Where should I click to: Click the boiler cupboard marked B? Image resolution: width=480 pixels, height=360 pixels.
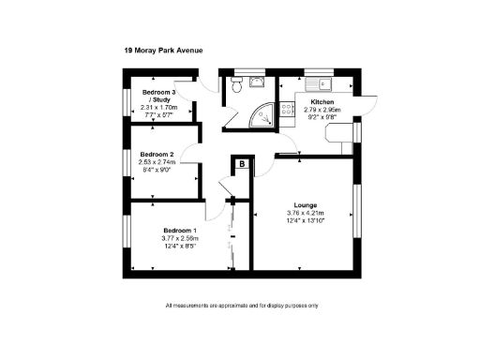(x=242, y=164)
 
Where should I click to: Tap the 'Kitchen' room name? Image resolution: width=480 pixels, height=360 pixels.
(x=322, y=101)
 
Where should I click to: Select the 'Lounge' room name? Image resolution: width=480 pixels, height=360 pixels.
(x=306, y=204)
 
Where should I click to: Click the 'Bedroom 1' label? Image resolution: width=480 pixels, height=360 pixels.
(x=180, y=231)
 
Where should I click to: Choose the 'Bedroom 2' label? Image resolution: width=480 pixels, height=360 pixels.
(x=157, y=154)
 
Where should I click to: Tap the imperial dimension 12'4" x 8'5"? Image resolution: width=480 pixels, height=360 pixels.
(x=181, y=247)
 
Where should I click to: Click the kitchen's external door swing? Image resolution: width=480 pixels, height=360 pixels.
(x=370, y=103)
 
